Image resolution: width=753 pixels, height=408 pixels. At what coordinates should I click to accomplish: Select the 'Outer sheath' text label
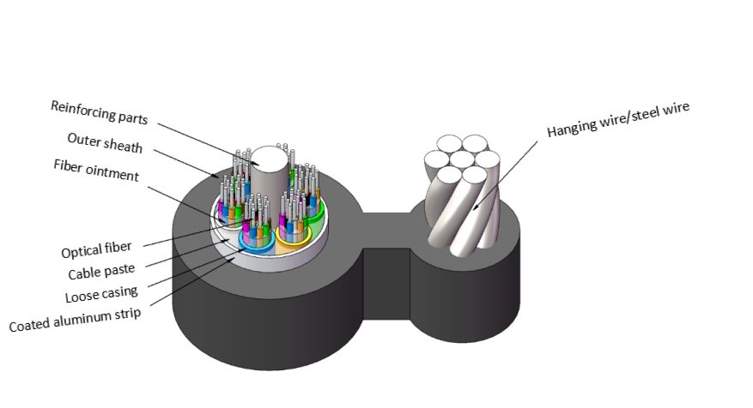coord(105,141)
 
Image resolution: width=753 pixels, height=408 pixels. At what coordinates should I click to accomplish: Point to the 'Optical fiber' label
coord(96,252)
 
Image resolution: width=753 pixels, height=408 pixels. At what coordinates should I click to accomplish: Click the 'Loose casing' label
coord(100,297)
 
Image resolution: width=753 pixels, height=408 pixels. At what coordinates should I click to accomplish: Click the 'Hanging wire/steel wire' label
coord(619,120)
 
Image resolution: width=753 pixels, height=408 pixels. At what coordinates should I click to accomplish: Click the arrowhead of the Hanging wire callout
coord(471,210)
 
